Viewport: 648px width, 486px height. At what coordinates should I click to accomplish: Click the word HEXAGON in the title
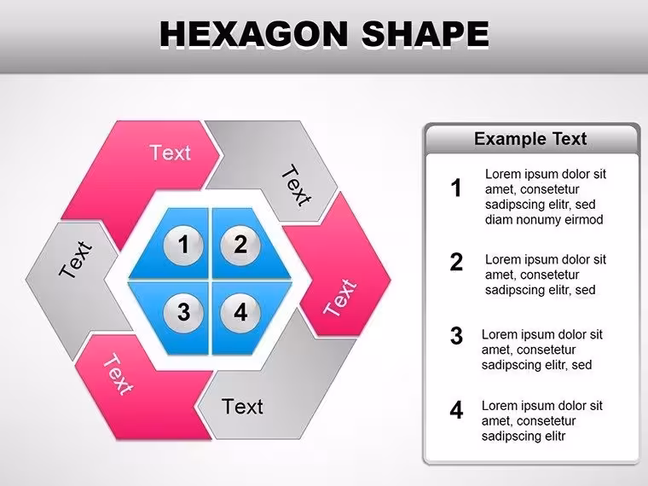[254, 33]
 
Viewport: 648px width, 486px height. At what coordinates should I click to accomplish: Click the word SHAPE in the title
[425, 33]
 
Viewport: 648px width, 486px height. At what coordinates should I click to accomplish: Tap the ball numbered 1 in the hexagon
[183, 246]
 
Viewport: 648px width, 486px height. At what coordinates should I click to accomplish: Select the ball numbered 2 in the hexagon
[240, 246]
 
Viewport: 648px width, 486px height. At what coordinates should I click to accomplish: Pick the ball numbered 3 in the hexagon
[183, 313]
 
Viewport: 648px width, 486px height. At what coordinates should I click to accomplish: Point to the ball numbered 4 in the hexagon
[240, 313]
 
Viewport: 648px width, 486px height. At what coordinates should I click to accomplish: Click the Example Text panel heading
[530, 139]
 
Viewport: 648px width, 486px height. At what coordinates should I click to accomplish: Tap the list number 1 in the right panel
[456, 188]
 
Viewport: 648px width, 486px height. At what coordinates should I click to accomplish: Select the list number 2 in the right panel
[456, 262]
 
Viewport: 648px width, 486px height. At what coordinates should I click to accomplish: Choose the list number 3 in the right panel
[456, 336]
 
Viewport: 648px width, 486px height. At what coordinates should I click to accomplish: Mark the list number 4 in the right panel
[456, 410]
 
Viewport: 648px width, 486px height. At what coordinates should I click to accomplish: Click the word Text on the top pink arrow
[171, 153]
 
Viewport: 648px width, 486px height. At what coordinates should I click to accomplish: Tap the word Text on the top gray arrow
[296, 185]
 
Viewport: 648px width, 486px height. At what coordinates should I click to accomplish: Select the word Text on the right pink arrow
[339, 297]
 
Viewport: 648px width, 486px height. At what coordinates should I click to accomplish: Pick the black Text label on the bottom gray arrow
[242, 407]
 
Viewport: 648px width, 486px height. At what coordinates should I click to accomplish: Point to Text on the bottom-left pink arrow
[119, 374]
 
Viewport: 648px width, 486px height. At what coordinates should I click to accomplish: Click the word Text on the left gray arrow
[76, 258]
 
